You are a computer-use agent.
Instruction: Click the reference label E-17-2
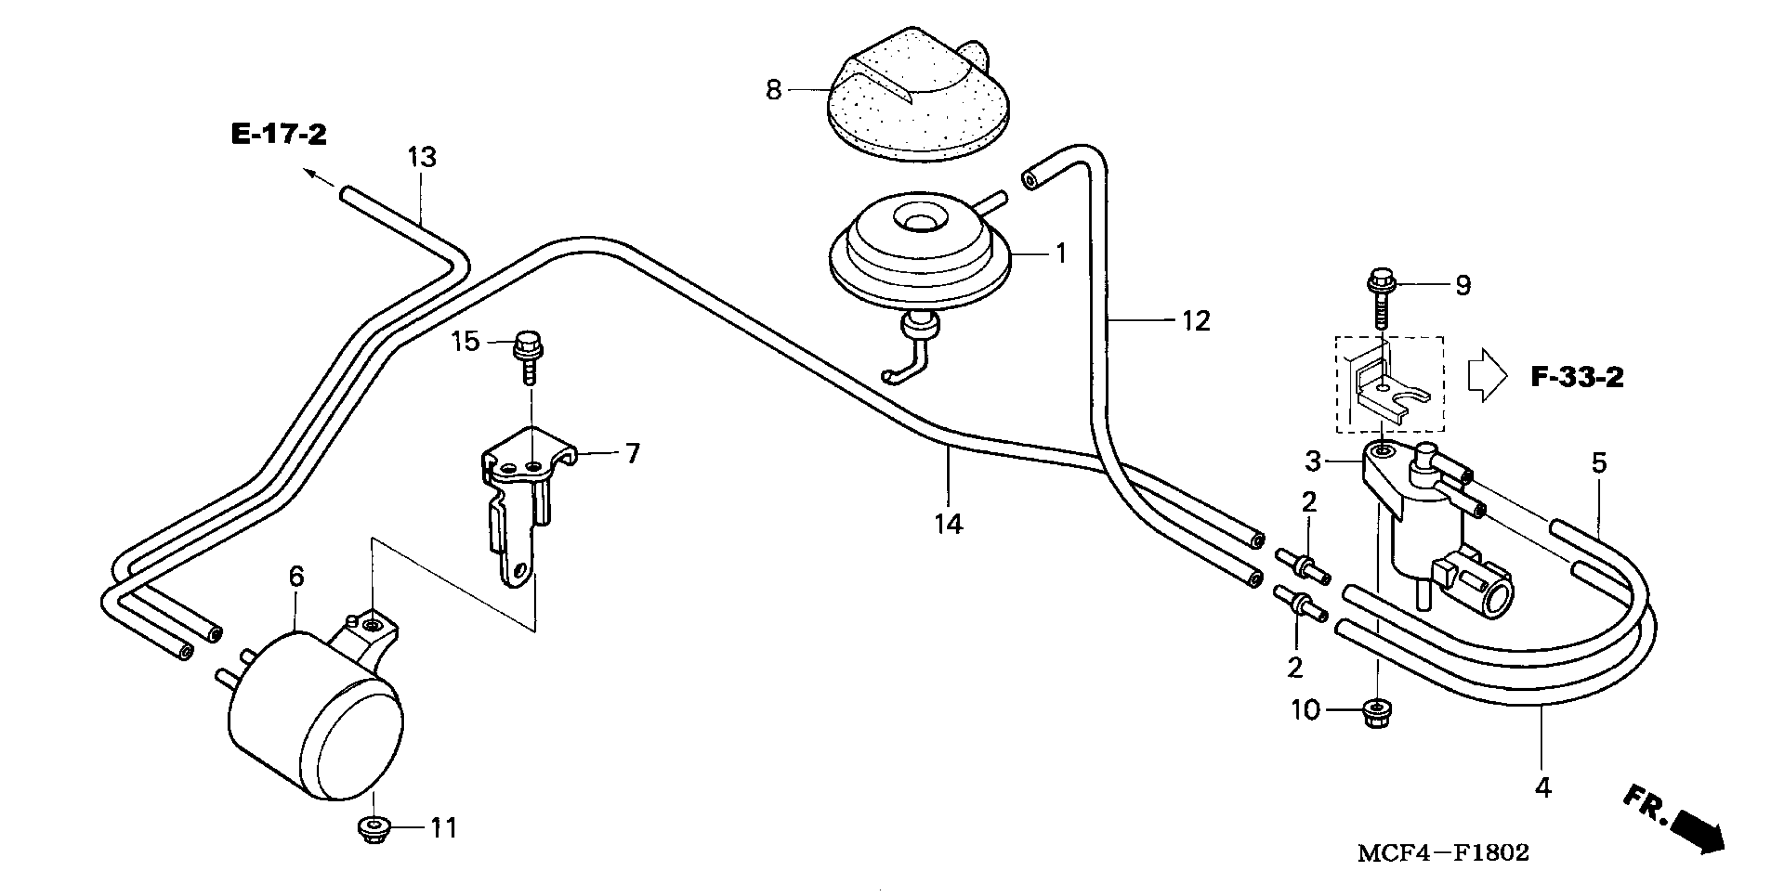278,134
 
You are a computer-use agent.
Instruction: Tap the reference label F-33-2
1576,377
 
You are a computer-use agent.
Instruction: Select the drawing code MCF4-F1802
1443,852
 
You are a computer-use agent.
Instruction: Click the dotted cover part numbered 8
917,104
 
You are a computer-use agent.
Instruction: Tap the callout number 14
948,524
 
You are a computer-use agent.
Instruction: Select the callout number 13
422,158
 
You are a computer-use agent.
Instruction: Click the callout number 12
1195,321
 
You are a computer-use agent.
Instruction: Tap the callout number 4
1543,788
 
